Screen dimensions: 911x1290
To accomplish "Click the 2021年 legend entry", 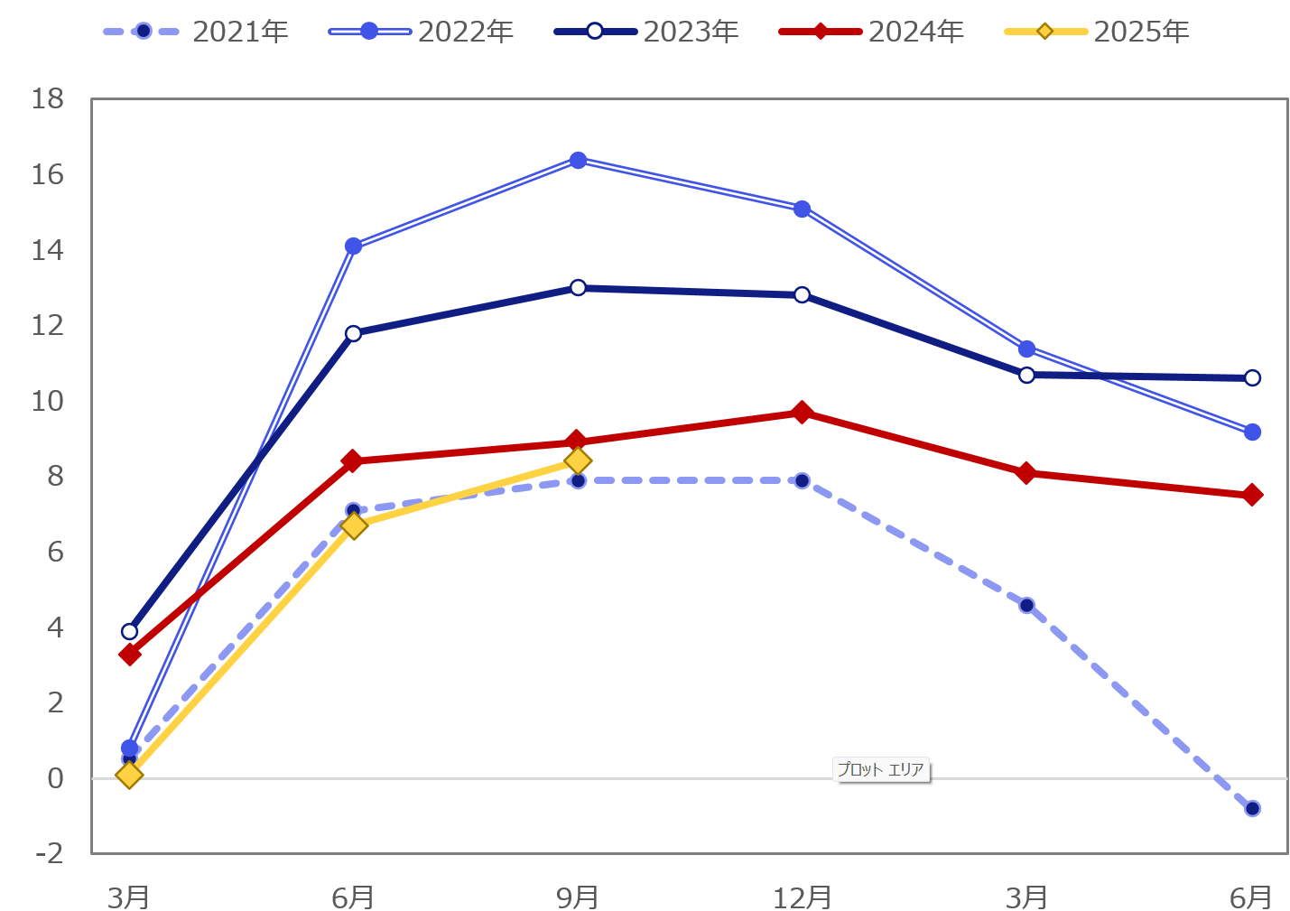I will [196, 32].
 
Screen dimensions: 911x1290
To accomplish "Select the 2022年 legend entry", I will [422, 32].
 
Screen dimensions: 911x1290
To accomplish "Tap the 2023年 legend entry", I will [646, 32].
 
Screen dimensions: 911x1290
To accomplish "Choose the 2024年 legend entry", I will [872, 32].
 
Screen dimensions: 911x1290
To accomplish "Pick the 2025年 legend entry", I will [1097, 32].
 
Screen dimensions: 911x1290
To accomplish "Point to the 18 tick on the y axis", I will [48, 99].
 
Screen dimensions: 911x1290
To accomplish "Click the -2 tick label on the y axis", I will [48, 853].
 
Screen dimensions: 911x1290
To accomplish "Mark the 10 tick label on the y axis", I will [48, 401].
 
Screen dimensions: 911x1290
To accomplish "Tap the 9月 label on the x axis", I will [578, 897].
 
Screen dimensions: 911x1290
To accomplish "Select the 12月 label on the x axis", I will [802, 897].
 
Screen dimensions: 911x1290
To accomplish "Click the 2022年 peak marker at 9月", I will [578, 160].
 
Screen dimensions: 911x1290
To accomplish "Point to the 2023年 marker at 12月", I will [802, 295].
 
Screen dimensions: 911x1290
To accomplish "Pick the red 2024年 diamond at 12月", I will [802, 413].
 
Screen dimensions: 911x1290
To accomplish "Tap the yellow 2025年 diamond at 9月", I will [578, 461].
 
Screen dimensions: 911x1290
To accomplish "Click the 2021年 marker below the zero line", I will [1252, 808].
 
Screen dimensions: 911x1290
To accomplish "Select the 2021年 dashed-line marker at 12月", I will [802, 480].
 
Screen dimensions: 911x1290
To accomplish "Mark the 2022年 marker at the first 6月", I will [353, 246].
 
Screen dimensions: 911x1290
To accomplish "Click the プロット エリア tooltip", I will [881, 770].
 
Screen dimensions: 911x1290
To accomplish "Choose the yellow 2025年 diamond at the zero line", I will [129, 775].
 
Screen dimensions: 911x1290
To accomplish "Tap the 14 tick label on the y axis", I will [48, 250].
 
